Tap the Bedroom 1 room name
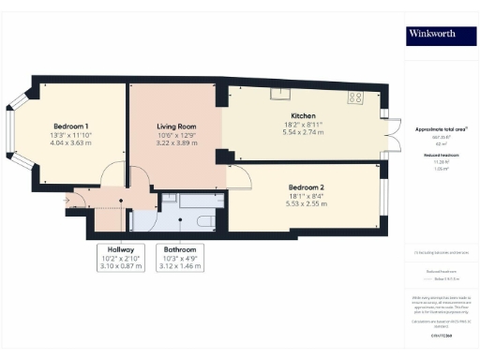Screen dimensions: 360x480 71,127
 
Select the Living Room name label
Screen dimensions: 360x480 175,127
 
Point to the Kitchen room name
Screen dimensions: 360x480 303,114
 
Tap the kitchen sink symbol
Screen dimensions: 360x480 280,93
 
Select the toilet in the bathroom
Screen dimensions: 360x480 204,218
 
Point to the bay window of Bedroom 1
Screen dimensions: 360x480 14,131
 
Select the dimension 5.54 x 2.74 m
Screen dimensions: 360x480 303,133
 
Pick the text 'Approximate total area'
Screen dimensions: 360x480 433,127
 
